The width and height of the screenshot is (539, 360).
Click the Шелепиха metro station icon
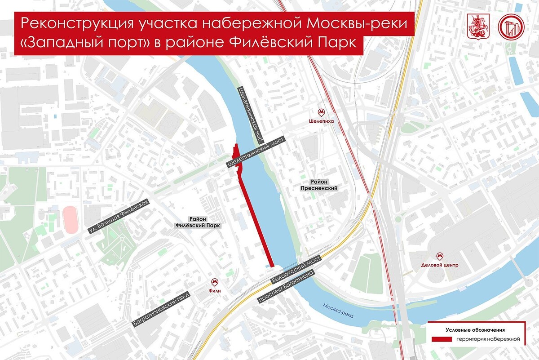[x=321, y=112]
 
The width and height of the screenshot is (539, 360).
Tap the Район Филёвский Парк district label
[x=198, y=222]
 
